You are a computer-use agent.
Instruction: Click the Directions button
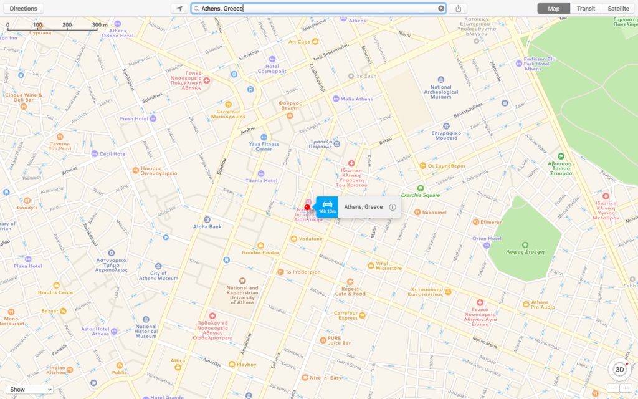[23, 9]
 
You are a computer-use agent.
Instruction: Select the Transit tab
[586, 9]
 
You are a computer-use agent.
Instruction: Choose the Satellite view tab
[617, 9]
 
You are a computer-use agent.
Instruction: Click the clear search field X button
[441, 9]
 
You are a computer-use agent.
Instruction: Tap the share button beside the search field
[458, 9]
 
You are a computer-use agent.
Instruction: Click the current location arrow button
[179, 9]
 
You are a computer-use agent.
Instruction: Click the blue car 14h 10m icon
[327, 206]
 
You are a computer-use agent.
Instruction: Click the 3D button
[619, 369]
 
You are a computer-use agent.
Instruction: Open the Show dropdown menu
[30, 389]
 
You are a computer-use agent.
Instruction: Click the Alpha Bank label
[207, 226]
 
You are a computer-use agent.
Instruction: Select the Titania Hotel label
[261, 180]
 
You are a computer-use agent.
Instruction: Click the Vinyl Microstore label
[388, 265]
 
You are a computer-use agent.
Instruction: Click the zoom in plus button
[626, 388]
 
